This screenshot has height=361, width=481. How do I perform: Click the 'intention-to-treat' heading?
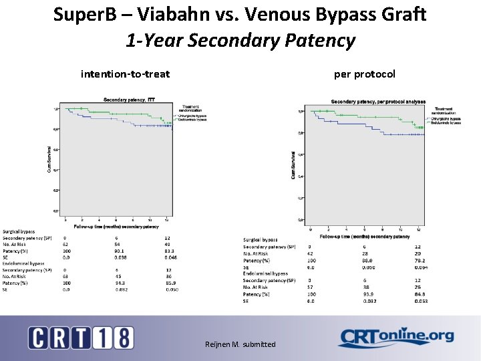(x=125, y=74)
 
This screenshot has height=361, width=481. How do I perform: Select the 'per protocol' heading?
(x=364, y=74)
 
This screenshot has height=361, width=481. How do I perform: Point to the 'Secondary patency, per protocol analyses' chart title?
(x=378, y=102)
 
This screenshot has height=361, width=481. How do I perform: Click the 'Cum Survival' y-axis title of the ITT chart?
(x=48, y=159)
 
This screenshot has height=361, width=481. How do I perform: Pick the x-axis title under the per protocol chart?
(x=365, y=237)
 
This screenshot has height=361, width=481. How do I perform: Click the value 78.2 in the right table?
(x=418, y=260)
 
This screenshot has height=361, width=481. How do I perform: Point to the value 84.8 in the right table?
(x=418, y=294)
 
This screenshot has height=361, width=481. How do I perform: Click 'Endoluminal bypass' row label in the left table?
(x=23, y=263)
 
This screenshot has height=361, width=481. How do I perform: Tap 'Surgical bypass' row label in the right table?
(x=261, y=239)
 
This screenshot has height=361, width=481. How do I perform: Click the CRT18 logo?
(x=81, y=337)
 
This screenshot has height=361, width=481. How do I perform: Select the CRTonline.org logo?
(x=395, y=337)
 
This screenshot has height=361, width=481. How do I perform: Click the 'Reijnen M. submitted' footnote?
(x=240, y=344)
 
